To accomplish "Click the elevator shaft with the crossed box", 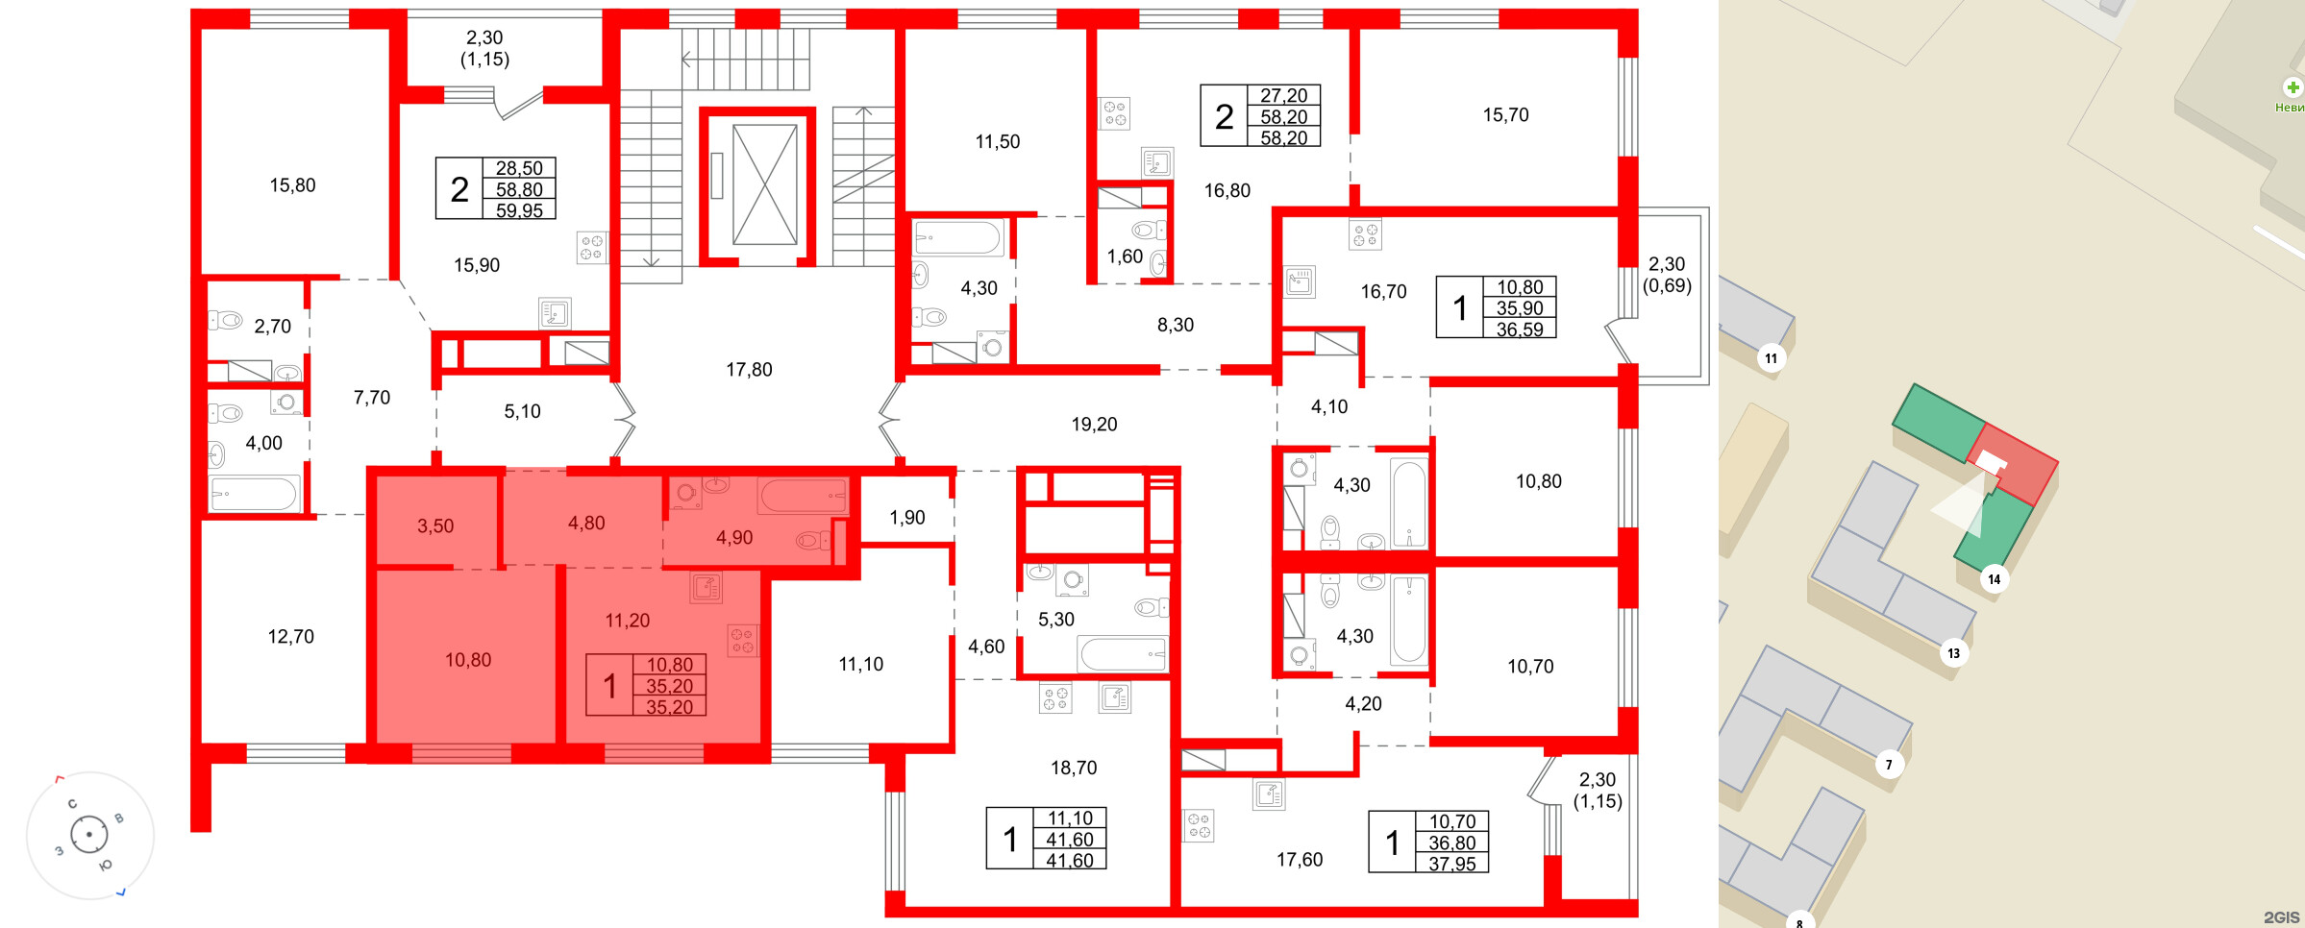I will click(764, 184).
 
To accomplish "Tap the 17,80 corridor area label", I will click(749, 370).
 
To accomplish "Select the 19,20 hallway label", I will click(1094, 425).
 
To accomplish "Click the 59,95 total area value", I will click(519, 210).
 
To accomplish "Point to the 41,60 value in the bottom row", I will click(1069, 861).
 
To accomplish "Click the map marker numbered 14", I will click(1994, 579).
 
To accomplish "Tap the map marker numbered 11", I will click(1771, 358).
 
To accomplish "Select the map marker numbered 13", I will click(1953, 653).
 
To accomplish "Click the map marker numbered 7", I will click(1888, 765).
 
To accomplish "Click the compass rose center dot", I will click(89, 834).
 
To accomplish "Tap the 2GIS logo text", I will click(2281, 917).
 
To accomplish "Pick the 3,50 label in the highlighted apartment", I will click(435, 526).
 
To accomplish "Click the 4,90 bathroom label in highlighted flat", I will click(734, 538).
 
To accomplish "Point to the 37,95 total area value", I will click(1451, 864).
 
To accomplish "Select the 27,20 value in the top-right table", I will click(1283, 96).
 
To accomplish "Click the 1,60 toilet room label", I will click(1125, 256).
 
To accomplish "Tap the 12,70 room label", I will click(290, 637).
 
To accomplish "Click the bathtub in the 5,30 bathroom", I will click(1122, 654).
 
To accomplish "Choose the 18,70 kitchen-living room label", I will click(1074, 768).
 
